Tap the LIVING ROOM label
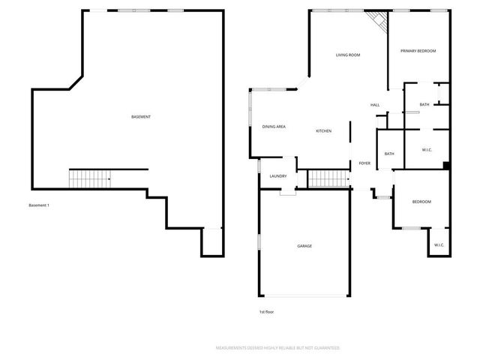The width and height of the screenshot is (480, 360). pos(348,55)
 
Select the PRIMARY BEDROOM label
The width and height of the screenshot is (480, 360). pos(418,50)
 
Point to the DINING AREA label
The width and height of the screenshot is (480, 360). pos(274,127)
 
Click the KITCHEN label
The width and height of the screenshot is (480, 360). pos(323,131)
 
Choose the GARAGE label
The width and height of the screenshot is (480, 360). pos(304,246)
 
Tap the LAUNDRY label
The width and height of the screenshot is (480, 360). pos(277,176)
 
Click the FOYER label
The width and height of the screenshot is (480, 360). pos(364,163)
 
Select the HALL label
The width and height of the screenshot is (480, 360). pos(375,105)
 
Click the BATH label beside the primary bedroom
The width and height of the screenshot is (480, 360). pos(424,105)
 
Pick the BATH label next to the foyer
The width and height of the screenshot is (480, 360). pos(389,154)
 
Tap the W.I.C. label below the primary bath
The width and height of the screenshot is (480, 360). pos(427,150)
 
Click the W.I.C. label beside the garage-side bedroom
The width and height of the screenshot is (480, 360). pos(439,245)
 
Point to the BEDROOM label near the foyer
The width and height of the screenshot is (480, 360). pos(421,202)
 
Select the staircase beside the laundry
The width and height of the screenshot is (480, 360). pos(328,178)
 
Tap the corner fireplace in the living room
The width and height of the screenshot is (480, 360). pos(379,22)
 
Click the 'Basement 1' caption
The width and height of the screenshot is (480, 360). pos(38,205)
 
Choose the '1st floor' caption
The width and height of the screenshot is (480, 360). pos(267,312)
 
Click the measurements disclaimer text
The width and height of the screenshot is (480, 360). pos(277,348)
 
